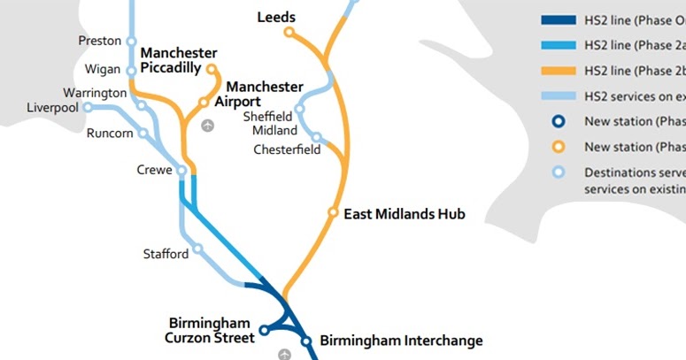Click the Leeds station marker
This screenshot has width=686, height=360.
289,33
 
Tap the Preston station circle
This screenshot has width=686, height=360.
132,41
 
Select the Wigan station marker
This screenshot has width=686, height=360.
132,71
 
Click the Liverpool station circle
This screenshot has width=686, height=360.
88,108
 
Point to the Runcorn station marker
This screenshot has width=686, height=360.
143,134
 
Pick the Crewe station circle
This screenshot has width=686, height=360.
181,171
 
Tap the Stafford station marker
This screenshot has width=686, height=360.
198,249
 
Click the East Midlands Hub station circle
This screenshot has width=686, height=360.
334,213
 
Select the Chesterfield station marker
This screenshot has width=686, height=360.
316,138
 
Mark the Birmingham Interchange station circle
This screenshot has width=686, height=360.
306,341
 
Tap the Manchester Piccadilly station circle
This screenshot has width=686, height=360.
212,68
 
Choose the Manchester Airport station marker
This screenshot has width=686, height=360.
203,102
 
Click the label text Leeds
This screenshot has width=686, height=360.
276,17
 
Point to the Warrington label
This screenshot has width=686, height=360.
95,93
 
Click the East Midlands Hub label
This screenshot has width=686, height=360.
404,214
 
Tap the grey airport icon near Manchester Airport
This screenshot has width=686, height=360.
207,126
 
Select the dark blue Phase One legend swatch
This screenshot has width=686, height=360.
558,19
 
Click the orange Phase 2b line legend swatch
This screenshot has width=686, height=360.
558,70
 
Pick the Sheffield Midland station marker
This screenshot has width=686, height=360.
300,109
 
